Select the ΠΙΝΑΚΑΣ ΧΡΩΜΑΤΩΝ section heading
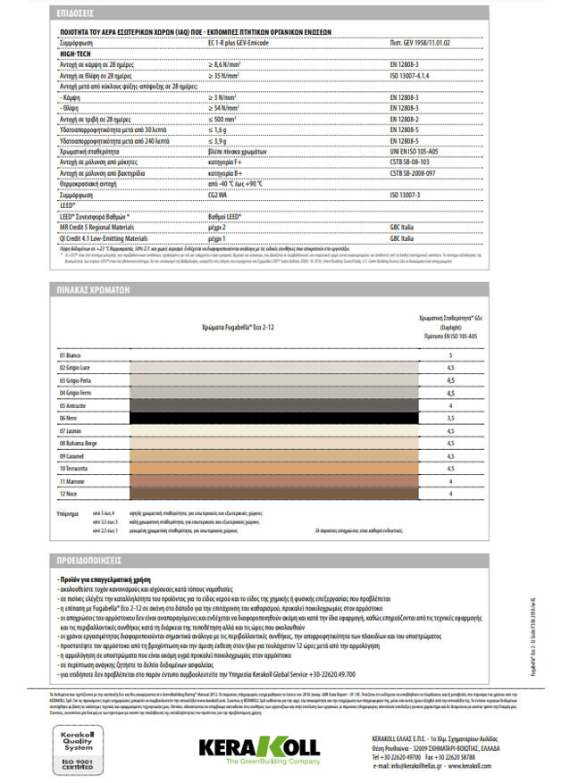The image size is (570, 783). (86, 290)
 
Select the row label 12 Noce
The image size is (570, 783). (68, 492)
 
